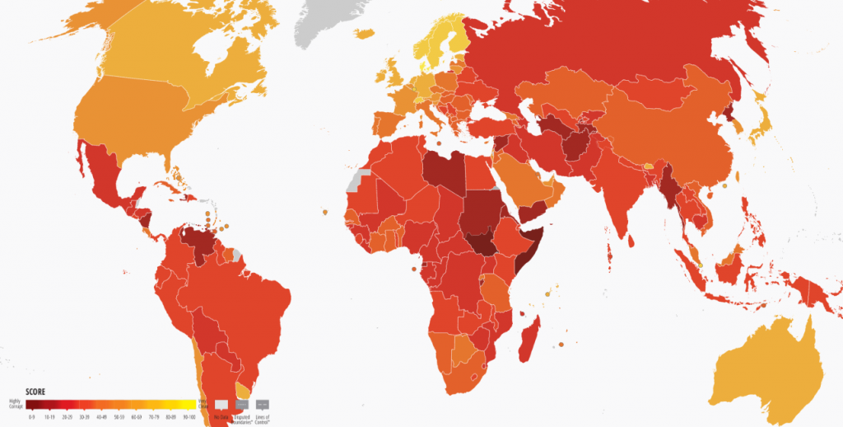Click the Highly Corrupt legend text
[16, 403]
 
